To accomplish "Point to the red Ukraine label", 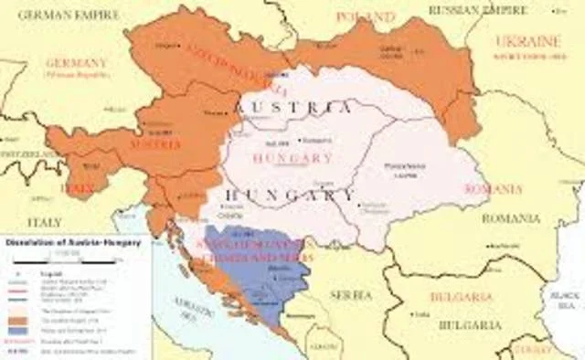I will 528,42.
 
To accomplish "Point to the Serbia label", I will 350,294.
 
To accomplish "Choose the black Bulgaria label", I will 468,325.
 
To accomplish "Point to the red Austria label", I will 149,144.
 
